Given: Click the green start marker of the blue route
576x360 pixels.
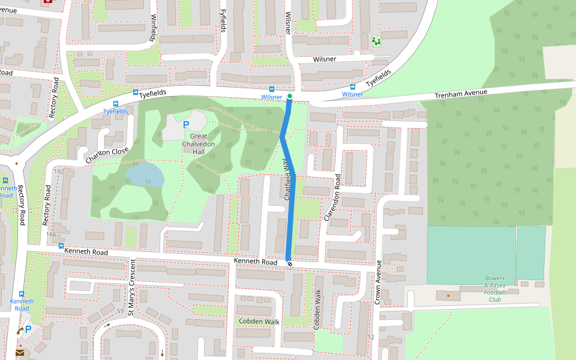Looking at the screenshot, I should (290, 96).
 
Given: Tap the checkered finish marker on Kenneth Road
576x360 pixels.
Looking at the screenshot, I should (290, 263).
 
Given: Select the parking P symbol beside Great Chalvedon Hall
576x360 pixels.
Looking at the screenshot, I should (186, 125).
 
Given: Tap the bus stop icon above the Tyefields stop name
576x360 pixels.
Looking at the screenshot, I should (116, 103).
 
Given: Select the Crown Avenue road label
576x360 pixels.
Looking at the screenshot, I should (378, 283).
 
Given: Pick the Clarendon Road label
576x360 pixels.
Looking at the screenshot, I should (332, 197).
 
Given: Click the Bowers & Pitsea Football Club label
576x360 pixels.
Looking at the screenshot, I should (494, 289).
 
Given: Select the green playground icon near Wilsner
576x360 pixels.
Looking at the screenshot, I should (376, 41).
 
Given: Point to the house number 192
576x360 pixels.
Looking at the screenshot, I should (59, 172).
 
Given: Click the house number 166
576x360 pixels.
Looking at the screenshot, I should (51, 234).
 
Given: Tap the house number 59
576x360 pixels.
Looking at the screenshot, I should (120, 311).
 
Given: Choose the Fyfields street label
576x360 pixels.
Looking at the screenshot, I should (223, 20).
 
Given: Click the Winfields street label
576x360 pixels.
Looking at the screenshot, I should (154, 28).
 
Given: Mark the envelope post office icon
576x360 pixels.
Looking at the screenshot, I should (20, 353).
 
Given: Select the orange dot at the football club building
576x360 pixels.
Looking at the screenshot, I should (448, 295).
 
